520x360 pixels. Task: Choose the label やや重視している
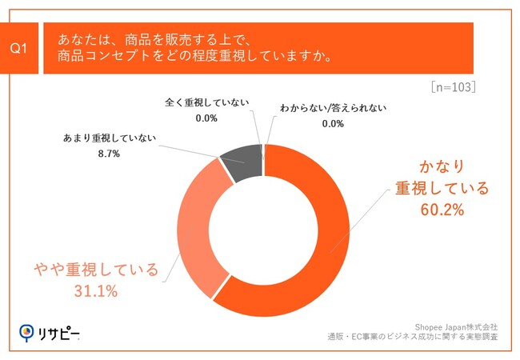click(97, 269)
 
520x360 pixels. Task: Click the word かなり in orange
click(441, 166)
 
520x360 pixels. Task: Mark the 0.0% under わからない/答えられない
click(332, 124)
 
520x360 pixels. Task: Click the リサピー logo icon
click(27, 331)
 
